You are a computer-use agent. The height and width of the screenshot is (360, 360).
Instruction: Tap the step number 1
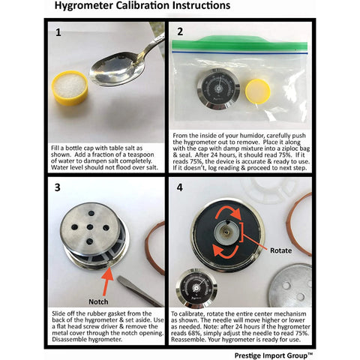[x=58, y=32]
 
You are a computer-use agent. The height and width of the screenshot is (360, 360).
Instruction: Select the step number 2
[x=180, y=31]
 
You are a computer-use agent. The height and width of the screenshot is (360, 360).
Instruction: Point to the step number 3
[x=58, y=187]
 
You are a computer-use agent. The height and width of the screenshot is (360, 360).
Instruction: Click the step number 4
[x=180, y=187]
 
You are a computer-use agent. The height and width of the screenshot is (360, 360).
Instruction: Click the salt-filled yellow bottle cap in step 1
[x=70, y=88]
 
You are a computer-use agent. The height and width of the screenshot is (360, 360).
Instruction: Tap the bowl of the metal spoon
[x=118, y=68]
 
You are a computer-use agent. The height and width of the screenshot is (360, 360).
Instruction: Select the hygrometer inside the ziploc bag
[x=218, y=89]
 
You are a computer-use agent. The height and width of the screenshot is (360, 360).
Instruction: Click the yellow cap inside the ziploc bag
[x=258, y=91]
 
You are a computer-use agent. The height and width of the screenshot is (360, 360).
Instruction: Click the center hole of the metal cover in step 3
[x=90, y=227]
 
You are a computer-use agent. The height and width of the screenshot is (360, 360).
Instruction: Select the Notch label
[x=98, y=301]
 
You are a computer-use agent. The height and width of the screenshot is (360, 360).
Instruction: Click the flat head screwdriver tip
[x=122, y=280]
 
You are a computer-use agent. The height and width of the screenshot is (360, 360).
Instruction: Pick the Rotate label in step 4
[x=280, y=250]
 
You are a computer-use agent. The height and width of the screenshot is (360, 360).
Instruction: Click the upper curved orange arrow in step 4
[x=229, y=211]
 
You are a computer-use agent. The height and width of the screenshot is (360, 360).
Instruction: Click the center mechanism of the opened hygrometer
[x=227, y=231]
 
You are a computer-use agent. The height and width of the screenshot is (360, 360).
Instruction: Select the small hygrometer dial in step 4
[x=196, y=288]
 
